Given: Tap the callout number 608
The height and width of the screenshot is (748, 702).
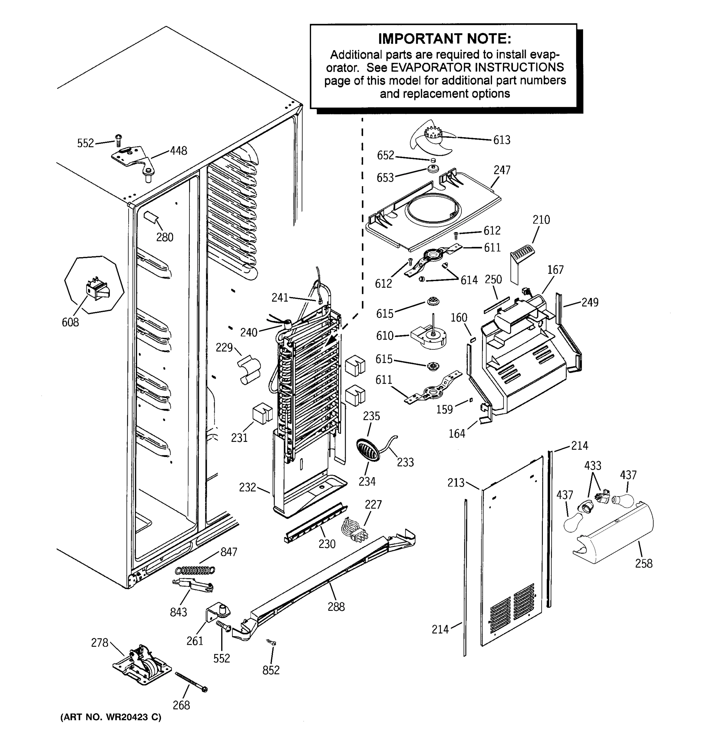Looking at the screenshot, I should click(71, 323).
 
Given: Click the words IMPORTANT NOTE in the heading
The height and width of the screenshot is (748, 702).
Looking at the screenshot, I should click(444, 39).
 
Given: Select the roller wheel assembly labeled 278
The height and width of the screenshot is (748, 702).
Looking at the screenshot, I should click(142, 665).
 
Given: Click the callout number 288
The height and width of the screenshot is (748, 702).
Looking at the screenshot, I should click(336, 607).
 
